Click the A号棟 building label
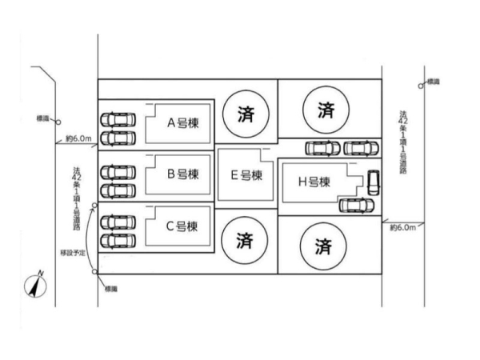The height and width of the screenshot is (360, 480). pyautogui.click(x=182, y=123)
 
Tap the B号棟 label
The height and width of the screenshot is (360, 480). pyautogui.click(x=182, y=173)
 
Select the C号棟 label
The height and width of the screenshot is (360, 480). pyautogui.click(x=181, y=225)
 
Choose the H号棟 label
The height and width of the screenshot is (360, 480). pyautogui.click(x=314, y=182)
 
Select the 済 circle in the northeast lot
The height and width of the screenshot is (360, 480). pyautogui.click(x=324, y=110)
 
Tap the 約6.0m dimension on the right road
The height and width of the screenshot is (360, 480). pyautogui.click(x=402, y=227)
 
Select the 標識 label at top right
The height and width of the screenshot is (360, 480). pyautogui.click(x=434, y=81)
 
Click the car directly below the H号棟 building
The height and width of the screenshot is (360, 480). pyautogui.click(x=355, y=205)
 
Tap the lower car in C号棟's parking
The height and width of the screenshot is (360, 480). pyautogui.click(x=118, y=239)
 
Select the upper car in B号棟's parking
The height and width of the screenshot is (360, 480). pyautogui.click(x=118, y=171)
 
